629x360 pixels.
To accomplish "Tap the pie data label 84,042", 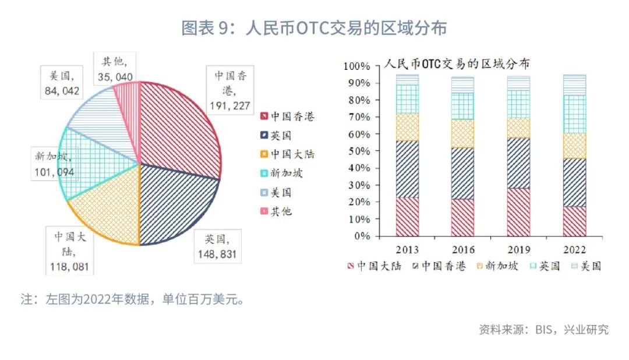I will coord(62,90).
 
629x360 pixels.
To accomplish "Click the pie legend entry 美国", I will coord(280,192).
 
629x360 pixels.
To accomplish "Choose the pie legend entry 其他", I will coord(280,211).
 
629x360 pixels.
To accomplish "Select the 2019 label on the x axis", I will coord(518,249).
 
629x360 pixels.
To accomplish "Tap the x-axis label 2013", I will coord(407,249).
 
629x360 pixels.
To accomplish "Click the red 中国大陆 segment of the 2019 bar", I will coord(518,212).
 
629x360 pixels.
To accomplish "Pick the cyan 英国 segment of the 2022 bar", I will coord(574,114).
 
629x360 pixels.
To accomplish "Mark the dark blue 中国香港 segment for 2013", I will coord(407,169).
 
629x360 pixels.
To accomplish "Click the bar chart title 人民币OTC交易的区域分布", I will coord(456,63).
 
